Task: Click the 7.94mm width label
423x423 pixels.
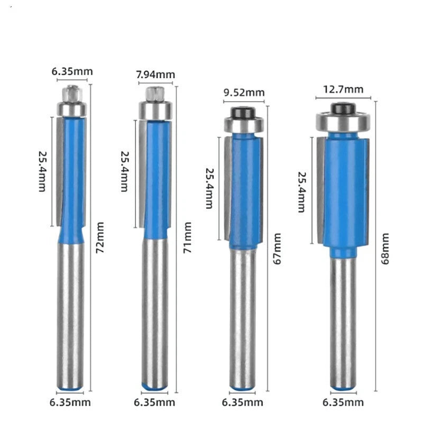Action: click(155, 75)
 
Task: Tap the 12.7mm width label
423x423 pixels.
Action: click(343, 89)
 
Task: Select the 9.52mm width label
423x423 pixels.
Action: click(244, 93)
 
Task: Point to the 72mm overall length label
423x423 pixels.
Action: click(100, 237)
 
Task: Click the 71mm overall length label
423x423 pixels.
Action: click(187, 237)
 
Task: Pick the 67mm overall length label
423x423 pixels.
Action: click(277, 249)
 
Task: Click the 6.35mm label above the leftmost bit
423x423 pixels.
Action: click(72, 71)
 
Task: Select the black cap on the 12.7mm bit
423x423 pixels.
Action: click(343, 108)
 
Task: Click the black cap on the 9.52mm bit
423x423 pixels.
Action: click(243, 113)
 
